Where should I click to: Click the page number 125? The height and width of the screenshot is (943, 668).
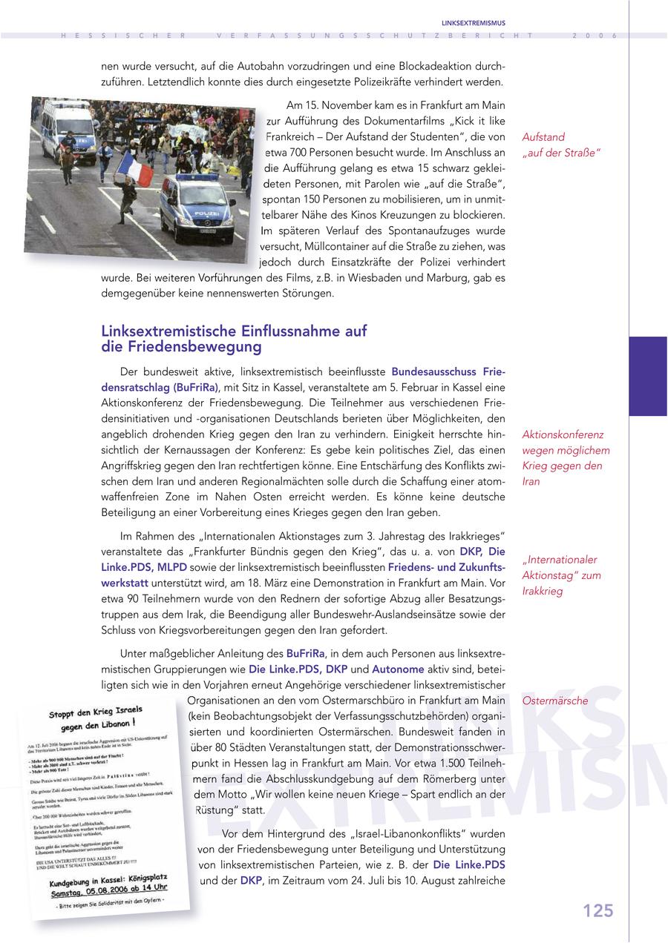pyautogui.click(x=597, y=911)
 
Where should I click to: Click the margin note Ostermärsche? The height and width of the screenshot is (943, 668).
pyautogui.click(x=554, y=701)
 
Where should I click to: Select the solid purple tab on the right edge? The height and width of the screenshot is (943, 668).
pyautogui.click(x=648, y=376)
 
